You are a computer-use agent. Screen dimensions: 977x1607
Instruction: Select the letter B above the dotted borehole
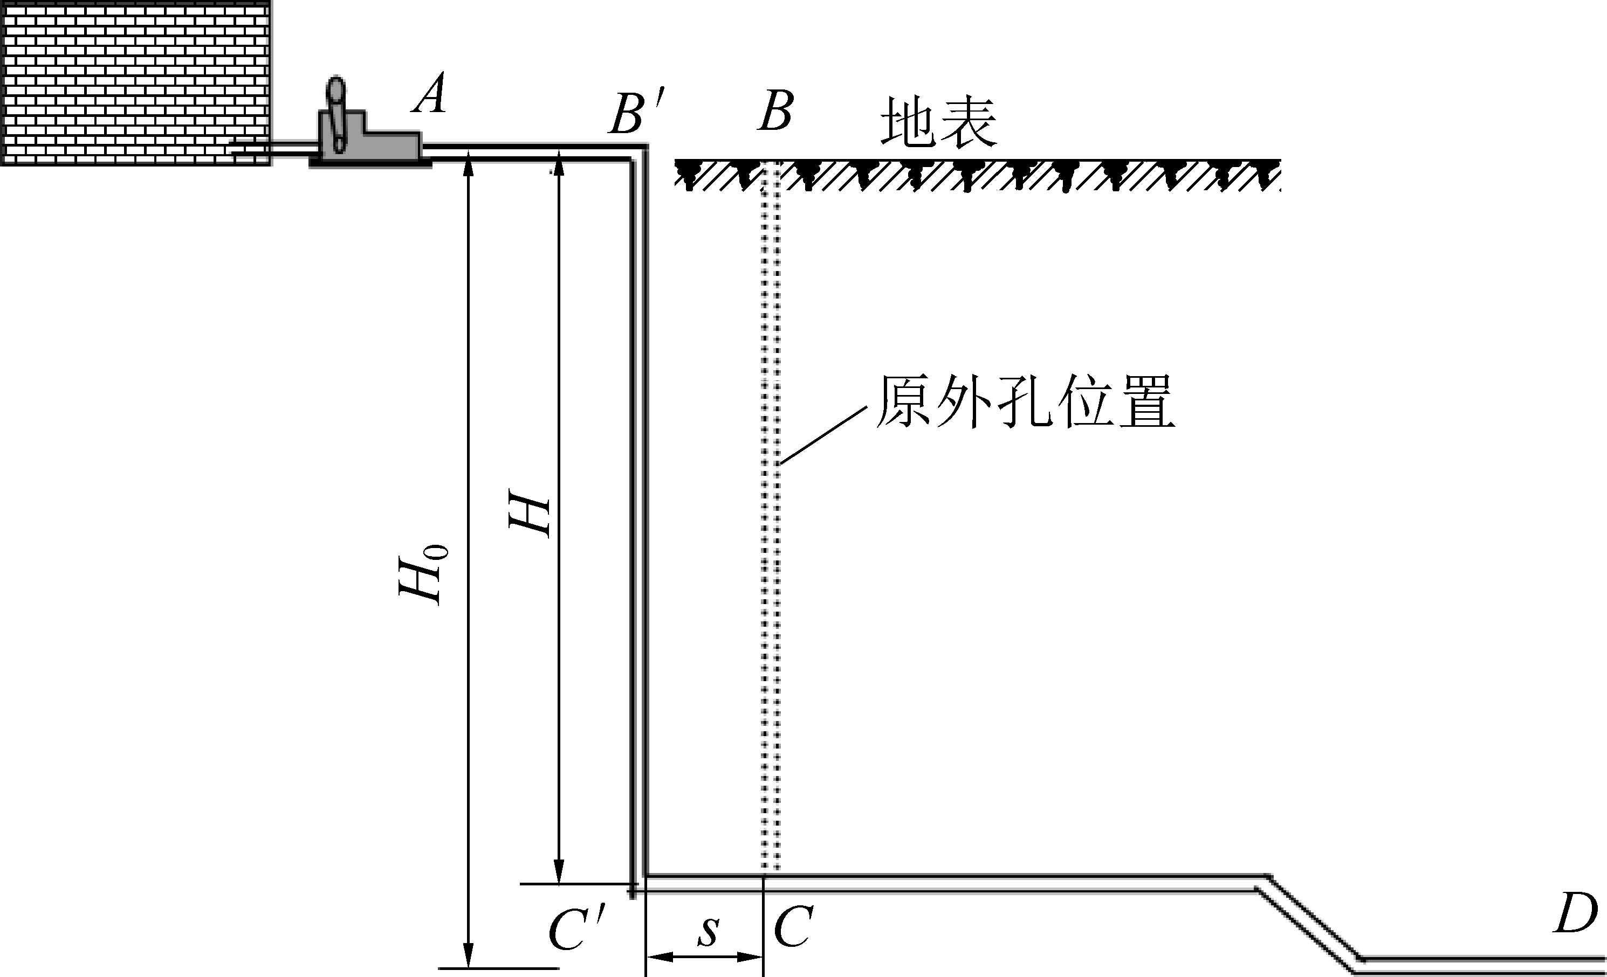(775, 111)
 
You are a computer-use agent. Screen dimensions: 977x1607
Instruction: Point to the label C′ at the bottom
(574, 927)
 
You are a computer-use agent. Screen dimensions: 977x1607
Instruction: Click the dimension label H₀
(423, 573)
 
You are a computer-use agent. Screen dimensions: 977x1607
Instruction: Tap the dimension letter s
(708, 930)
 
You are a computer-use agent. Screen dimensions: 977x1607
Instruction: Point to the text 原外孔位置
(1025, 401)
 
